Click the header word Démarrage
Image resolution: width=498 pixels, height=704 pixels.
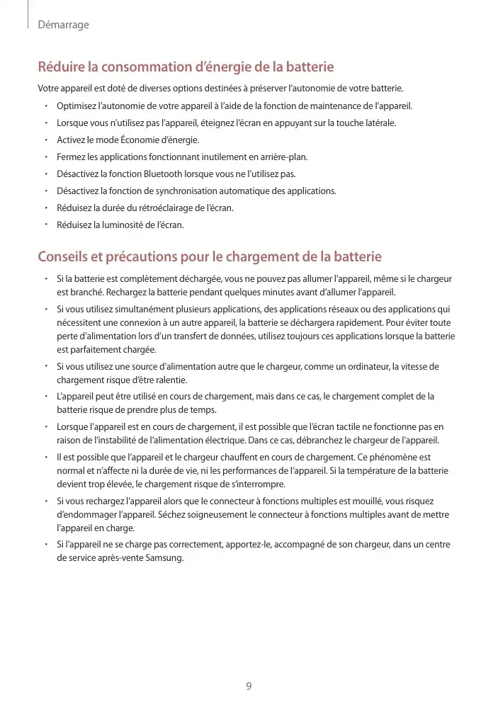63,25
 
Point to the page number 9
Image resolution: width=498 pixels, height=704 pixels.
249,686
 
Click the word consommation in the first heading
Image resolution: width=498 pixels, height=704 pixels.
146,67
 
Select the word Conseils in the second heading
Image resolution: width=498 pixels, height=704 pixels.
65,256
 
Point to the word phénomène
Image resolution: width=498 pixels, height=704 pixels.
387,457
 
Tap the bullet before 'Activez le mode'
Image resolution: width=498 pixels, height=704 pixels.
45,140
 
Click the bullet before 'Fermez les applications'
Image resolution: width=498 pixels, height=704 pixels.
45,157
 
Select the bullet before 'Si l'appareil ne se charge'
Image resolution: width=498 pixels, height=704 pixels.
45,545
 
